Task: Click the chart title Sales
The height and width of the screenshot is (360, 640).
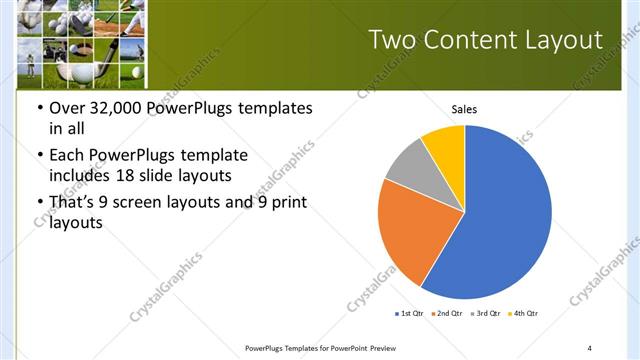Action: click(464, 108)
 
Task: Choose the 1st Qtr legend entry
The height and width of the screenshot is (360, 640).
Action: click(409, 313)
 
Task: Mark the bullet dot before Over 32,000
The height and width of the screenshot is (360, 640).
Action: click(39, 108)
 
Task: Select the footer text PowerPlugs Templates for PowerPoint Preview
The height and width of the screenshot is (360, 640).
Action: click(327, 347)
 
